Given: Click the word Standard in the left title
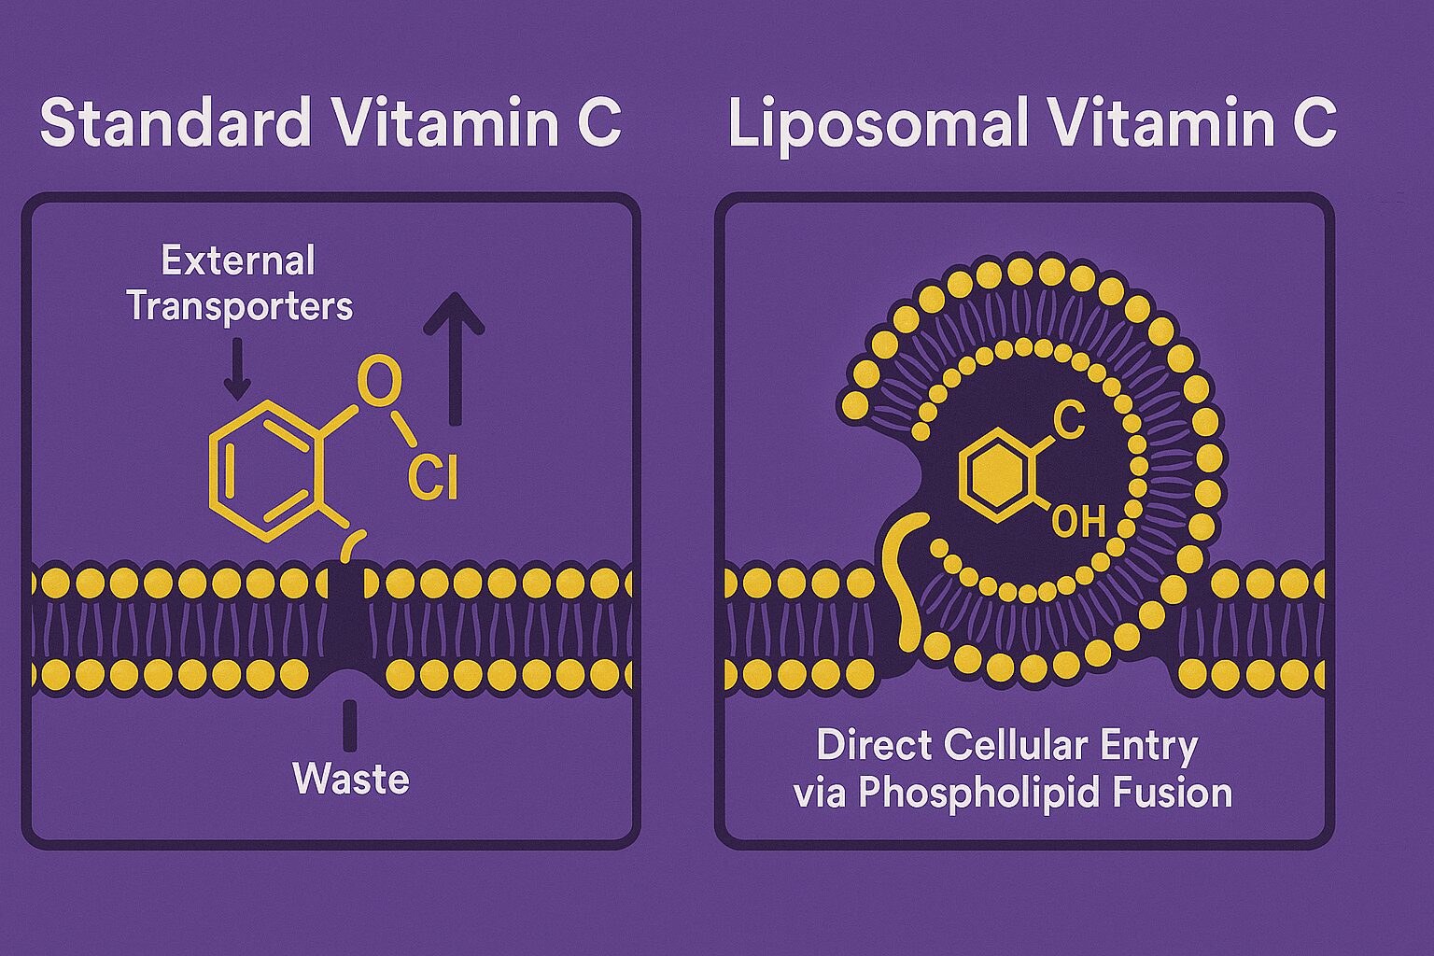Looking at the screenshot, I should tap(176, 123).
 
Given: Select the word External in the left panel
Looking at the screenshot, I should tap(238, 260).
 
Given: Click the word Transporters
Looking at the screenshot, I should tap(240, 306).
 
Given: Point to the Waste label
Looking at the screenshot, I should tap(351, 779).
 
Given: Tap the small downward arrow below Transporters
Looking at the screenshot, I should tap(237, 369).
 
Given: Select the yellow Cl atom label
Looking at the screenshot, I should tap(433, 480).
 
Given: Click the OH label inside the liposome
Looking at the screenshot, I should tap(1078, 521).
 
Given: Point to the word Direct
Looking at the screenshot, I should tap(874, 745).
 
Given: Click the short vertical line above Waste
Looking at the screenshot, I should tap(350, 725).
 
